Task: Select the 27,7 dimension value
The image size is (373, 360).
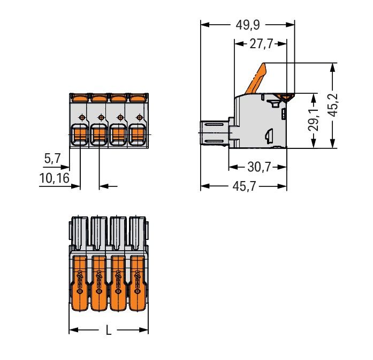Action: (x=261, y=44)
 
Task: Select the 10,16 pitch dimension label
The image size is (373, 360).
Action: (x=54, y=177)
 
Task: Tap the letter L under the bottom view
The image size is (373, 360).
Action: (x=109, y=331)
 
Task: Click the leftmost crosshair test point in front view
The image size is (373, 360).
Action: (x=81, y=117)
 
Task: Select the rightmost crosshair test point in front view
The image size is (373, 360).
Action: (x=139, y=117)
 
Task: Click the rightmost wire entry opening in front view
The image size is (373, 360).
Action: (x=138, y=134)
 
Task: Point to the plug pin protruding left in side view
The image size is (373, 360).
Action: (x=214, y=132)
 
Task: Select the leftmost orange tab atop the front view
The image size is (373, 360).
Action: (x=79, y=97)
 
